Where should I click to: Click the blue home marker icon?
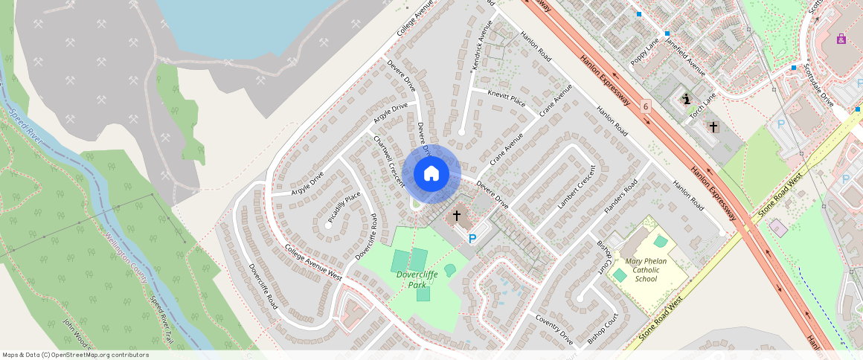tap(431, 174)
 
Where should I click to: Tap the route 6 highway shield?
tap(645, 106)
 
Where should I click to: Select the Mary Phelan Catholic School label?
tap(646, 270)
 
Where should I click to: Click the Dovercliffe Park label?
tap(417, 280)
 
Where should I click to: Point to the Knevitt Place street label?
tap(506, 98)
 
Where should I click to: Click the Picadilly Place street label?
tap(344, 208)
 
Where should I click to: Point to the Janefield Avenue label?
tap(685, 56)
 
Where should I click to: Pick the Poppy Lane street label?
tap(645, 52)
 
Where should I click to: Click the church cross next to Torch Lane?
tap(713, 127)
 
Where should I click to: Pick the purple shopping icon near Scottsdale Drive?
tap(841, 39)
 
